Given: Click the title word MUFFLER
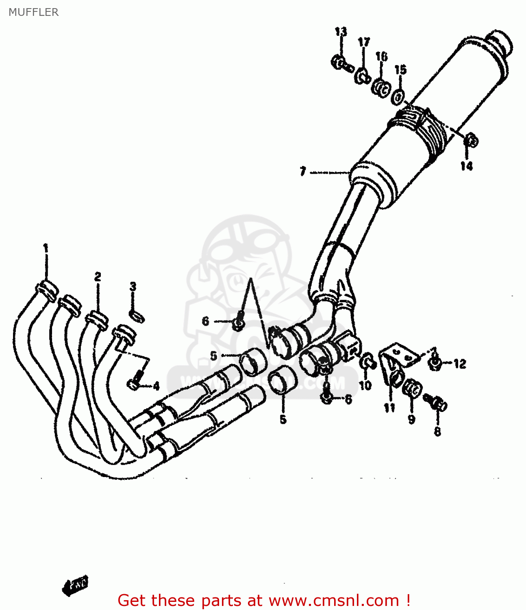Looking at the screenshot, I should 33,12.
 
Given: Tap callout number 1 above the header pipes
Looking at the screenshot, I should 46,248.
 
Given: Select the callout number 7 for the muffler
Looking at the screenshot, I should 302,172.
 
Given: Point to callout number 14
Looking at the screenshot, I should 466,166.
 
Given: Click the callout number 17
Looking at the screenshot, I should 364,42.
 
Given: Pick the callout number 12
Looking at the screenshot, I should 460,364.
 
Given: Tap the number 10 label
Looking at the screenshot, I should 365,385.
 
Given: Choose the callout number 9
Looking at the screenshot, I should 411,419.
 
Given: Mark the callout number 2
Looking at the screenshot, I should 98,277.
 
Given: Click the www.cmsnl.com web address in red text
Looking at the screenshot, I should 334,600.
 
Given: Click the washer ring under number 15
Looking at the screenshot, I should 398,97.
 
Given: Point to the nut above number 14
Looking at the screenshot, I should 471,140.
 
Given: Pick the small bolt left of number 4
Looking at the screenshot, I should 134,383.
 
